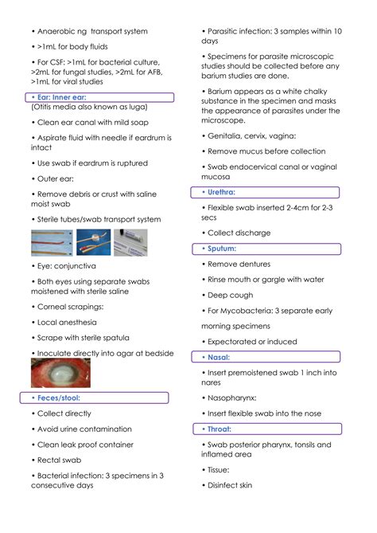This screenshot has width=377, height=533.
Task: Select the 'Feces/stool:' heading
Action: pyautogui.click(x=60, y=398)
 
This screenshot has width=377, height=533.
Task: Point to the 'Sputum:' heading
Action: pyautogui.click(x=222, y=249)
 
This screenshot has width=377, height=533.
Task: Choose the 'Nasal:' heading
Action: pyautogui.click(x=219, y=357)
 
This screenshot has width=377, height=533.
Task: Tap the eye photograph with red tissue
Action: pyautogui.click(x=60, y=372)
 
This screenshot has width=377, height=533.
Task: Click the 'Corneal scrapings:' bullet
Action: pyautogui.click(x=71, y=306)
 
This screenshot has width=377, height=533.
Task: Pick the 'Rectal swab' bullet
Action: pyautogui.click(x=62, y=460)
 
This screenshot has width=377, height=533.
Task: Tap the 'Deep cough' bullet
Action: pyautogui.click(x=230, y=295)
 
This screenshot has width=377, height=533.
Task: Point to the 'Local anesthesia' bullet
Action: pyautogui.click(x=68, y=322)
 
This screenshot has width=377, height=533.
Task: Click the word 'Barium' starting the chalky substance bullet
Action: pyautogui.click(x=223, y=92)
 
